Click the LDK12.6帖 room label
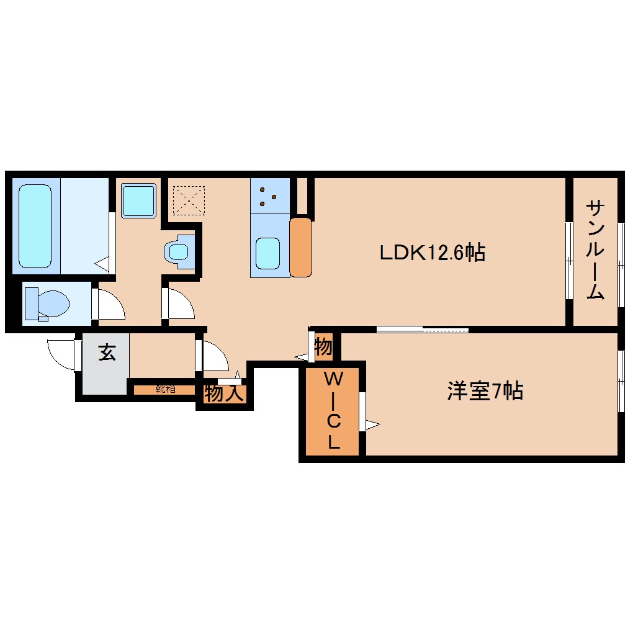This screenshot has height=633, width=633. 433,253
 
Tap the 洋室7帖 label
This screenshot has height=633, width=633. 485,392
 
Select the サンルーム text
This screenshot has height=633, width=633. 595,249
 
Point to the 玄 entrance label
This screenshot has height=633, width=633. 107,352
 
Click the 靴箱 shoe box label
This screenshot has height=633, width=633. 165,390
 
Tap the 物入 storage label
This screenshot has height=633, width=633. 223,393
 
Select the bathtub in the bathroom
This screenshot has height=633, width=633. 35,225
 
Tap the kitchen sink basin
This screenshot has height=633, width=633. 268,253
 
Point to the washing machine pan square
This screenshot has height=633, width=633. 138,200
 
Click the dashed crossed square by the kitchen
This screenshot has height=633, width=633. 188,199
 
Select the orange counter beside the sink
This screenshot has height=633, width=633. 300,246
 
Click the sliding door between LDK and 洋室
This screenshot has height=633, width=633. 422,329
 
